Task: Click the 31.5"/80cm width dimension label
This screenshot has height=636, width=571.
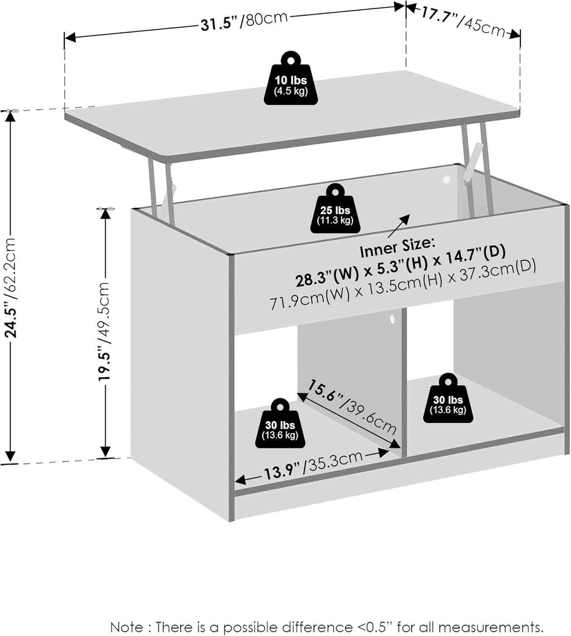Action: (x=244, y=21)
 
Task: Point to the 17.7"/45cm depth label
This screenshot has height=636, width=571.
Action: (x=463, y=22)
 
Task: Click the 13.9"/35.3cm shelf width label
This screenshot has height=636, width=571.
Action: (x=313, y=467)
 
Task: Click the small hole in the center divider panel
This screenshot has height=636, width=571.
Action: (x=391, y=319)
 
